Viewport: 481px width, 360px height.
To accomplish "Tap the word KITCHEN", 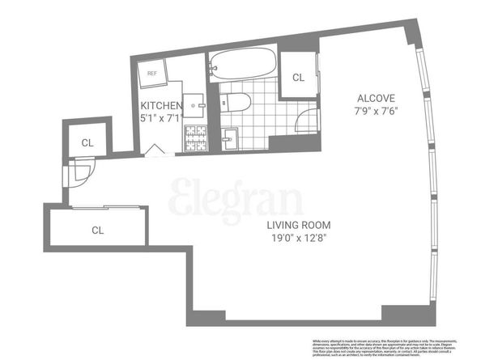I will (160, 106).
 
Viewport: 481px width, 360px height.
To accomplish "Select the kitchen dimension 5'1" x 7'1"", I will (160, 119).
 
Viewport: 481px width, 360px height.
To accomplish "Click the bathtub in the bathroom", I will (244, 65).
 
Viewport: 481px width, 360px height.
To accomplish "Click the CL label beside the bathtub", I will (297, 78).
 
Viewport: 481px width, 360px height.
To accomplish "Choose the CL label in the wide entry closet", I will (97, 230).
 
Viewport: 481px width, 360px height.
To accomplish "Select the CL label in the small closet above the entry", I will (86, 142).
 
